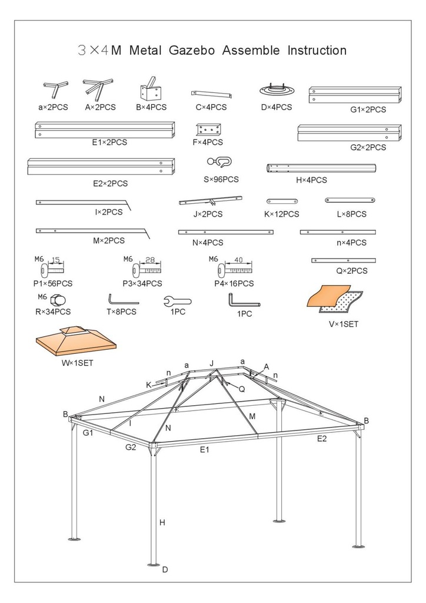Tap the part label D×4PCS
click(x=276, y=107)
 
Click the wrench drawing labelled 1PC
click(x=177, y=301)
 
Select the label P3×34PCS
click(x=142, y=283)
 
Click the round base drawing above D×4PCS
click(x=276, y=90)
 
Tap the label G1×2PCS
click(x=368, y=110)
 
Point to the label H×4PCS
click(x=311, y=180)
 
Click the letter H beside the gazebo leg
click(x=162, y=522)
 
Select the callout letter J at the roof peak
click(x=211, y=363)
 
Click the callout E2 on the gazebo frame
click(x=322, y=438)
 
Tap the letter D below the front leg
click(x=165, y=569)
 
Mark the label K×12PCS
click(x=281, y=214)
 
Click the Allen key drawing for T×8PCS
click(x=122, y=300)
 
